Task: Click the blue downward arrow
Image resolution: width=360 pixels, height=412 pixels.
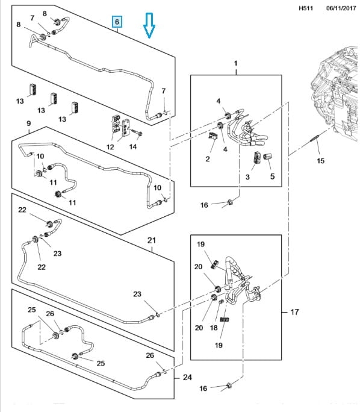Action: (149, 25)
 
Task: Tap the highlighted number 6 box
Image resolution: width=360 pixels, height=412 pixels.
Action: (117, 22)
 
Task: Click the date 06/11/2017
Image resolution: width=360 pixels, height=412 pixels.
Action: (341, 8)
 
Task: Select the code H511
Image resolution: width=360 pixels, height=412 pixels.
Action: (306, 8)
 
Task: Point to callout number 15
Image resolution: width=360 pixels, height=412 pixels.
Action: (321, 161)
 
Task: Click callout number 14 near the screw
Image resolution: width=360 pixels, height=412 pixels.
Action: (133, 146)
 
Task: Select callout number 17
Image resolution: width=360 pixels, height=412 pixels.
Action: (294, 312)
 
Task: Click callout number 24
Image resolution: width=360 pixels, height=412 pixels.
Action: (187, 377)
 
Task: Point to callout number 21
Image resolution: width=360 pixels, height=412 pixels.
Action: (152, 240)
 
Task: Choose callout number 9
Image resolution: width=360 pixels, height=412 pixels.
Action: (29, 123)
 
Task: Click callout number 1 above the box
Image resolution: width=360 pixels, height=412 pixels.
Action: (235, 63)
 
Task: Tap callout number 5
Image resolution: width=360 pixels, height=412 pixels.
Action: (272, 176)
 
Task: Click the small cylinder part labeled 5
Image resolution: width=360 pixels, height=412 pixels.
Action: (267, 157)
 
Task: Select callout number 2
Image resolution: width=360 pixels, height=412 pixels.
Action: (208, 159)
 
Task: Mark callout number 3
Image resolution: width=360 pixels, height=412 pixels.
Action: (247, 177)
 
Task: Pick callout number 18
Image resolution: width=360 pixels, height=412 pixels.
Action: (214, 328)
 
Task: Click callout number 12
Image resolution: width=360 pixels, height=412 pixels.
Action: (110, 147)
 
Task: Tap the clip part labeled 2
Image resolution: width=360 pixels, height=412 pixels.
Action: (213, 136)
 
